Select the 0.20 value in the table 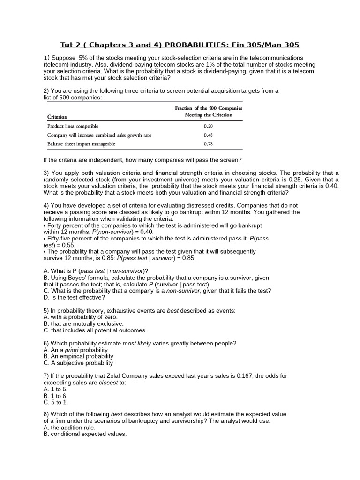click(x=209, y=126)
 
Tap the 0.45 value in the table click(x=209, y=135)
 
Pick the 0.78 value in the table click(x=209, y=144)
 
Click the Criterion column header click(x=57, y=116)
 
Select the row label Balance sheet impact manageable click(x=81, y=144)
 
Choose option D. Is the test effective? click(x=74, y=297)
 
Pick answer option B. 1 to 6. click(x=55, y=396)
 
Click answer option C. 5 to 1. click(x=55, y=402)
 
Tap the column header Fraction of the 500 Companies click(x=209, y=108)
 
